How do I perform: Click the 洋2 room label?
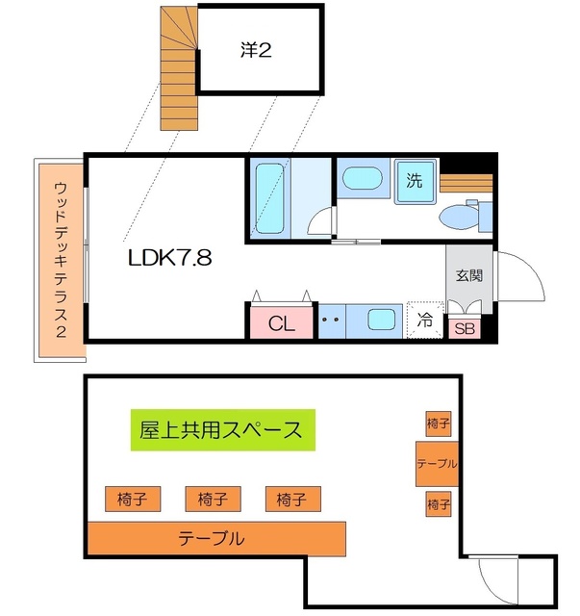[256, 50]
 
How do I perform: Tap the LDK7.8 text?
[170, 258]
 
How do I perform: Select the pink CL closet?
[282, 322]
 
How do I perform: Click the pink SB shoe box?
[465, 328]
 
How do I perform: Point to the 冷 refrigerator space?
[425, 320]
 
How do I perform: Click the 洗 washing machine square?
[416, 181]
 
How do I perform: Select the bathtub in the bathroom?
[269, 199]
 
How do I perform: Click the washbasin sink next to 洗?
[362, 177]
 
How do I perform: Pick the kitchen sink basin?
[381, 319]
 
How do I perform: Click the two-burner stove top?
[332, 321]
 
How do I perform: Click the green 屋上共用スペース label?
[222, 430]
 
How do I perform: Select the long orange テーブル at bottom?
[216, 539]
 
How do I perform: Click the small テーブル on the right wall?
[437, 464]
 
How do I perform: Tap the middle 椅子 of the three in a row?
[213, 499]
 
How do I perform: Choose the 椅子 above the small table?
[439, 423]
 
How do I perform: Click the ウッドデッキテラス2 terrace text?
[61, 260]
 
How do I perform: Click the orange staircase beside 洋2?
[179, 68]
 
